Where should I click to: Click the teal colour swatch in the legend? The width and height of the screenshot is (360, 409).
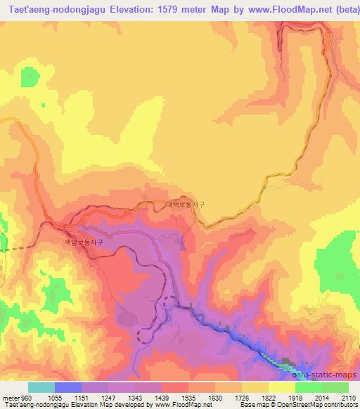tap(41, 388)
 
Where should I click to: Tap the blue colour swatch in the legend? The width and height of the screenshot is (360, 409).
tap(67, 388)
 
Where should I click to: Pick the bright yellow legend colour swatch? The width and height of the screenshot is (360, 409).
tap(282, 388)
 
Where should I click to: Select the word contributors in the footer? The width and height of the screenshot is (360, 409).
tap(340, 405)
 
